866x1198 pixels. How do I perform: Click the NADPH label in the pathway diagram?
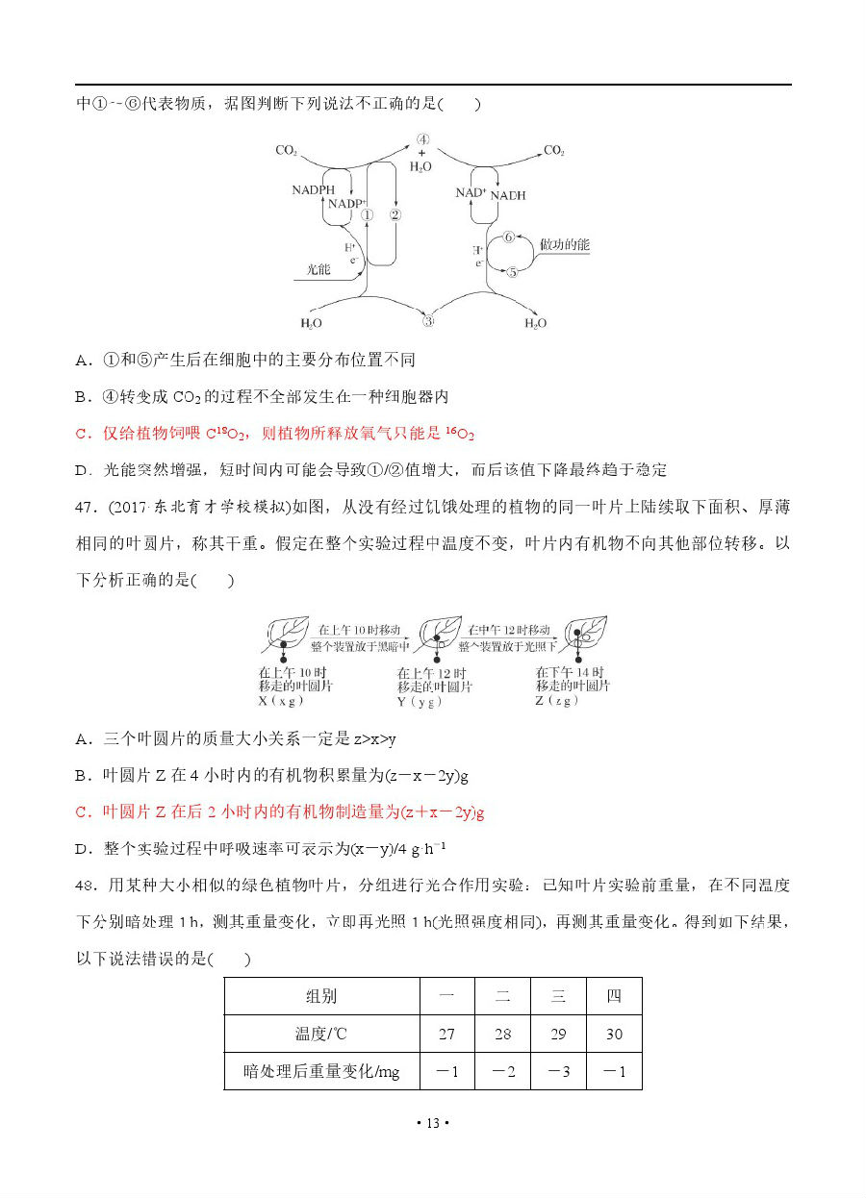[x=313, y=190]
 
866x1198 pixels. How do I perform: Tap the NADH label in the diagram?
[x=508, y=195]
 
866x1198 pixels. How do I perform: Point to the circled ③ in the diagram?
[x=429, y=320]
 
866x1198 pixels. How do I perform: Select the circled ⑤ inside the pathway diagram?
[x=512, y=272]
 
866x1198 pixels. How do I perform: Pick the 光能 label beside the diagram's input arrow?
[x=318, y=269]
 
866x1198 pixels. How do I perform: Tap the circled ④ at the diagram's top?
[x=422, y=139]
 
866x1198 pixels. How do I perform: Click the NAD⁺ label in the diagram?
[x=471, y=193]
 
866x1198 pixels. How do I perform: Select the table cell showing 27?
[x=446, y=1034]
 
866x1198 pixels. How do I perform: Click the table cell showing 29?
[x=558, y=1034]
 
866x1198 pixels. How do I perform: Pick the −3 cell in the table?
[x=558, y=1071]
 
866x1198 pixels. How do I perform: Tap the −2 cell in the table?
[x=502, y=1071]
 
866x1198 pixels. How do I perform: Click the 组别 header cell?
[x=321, y=996]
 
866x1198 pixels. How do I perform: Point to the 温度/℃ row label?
[x=321, y=1034]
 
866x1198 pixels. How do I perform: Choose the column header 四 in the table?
[x=614, y=996]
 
